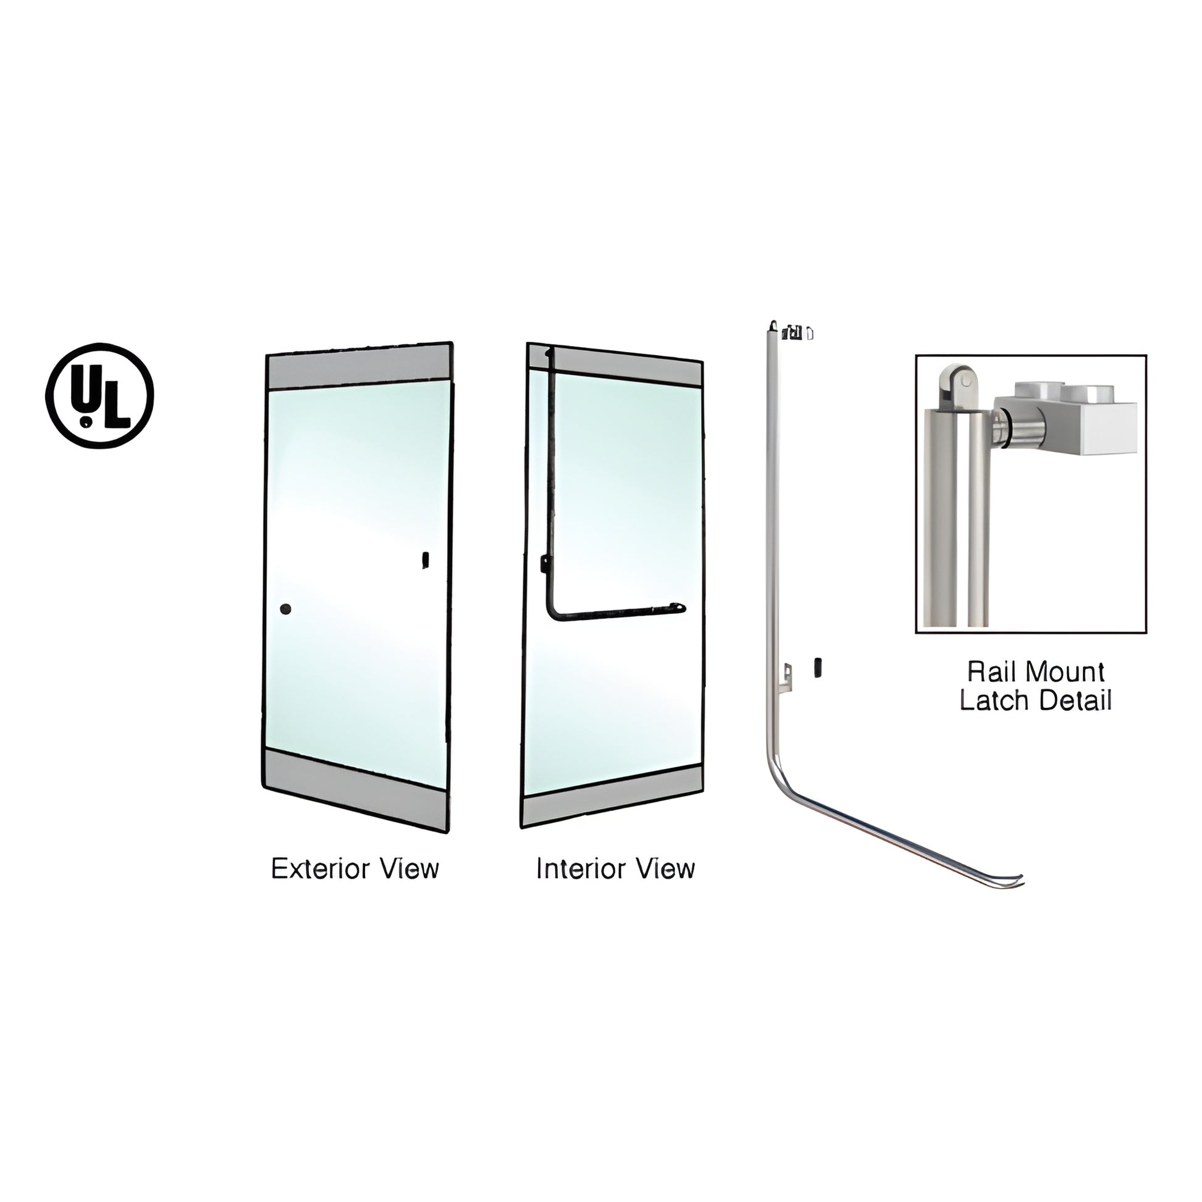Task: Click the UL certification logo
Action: (99, 395)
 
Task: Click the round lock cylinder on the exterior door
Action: (285, 609)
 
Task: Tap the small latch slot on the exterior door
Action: (426, 560)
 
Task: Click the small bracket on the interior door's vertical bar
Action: (545, 564)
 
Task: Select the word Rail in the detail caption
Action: (991, 672)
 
